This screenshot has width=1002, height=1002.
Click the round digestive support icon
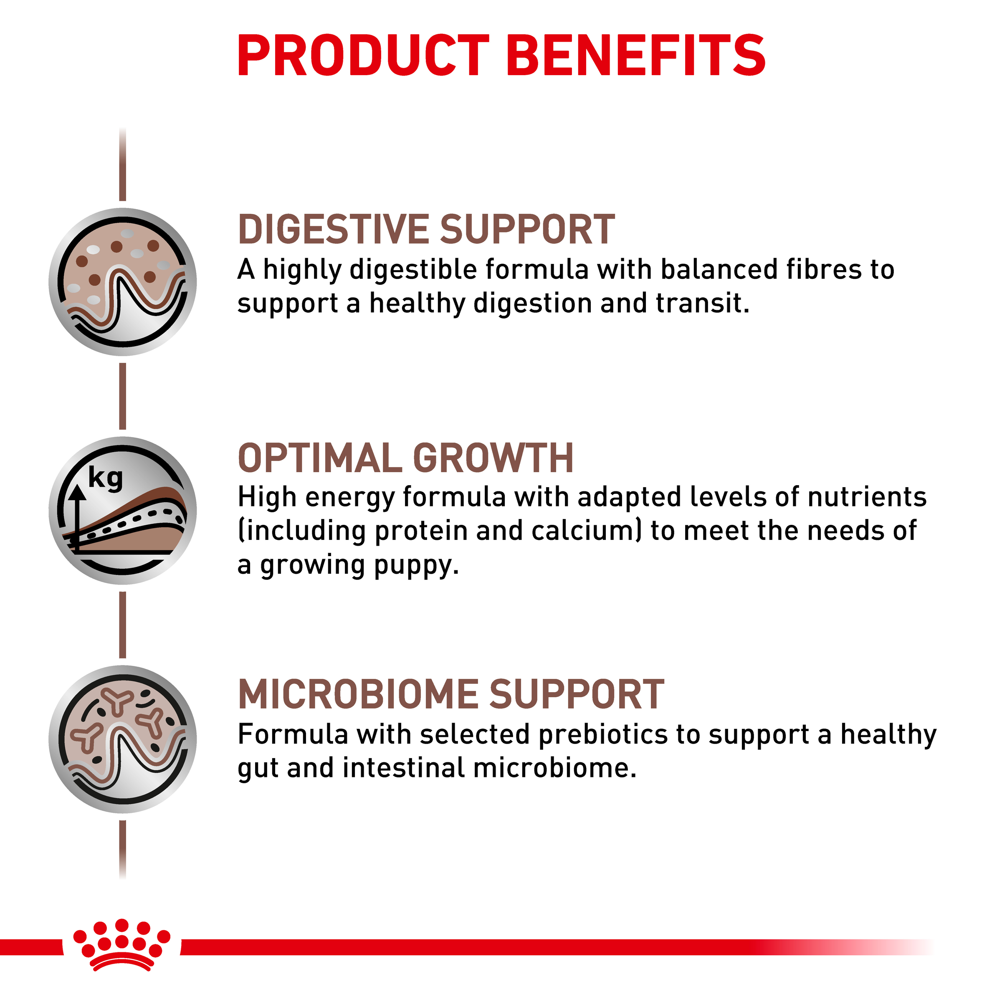point(123,282)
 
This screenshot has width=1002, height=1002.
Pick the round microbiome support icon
point(123,739)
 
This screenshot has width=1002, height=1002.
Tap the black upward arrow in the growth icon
point(77,516)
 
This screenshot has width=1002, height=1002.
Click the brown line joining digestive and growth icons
point(123,396)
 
